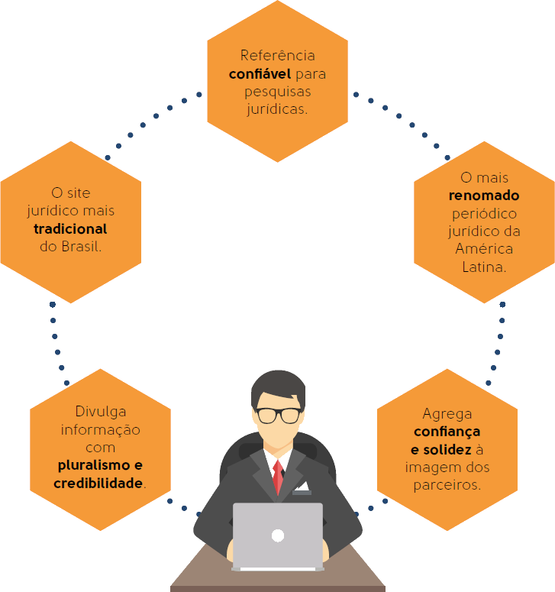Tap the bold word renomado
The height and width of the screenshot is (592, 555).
(x=483, y=196)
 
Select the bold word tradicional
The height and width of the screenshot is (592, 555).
(x=70, y=229)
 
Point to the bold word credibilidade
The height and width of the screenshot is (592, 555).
(x=98, y=484)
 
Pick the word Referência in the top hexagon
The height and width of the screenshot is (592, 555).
(x=277, y=56)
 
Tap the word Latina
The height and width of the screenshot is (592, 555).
(x=483, y=267)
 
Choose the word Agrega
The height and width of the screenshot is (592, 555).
(x=447, y=414)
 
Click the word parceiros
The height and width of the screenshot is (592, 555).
(x=447, y=484)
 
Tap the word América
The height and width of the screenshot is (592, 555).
(x=483, y=249)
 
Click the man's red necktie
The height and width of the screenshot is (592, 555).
(x=278, y=475)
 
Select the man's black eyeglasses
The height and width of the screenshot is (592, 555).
(x=278, y=415)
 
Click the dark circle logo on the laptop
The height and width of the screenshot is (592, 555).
(x=278, y=535)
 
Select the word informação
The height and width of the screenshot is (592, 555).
(x=100, y=429)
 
